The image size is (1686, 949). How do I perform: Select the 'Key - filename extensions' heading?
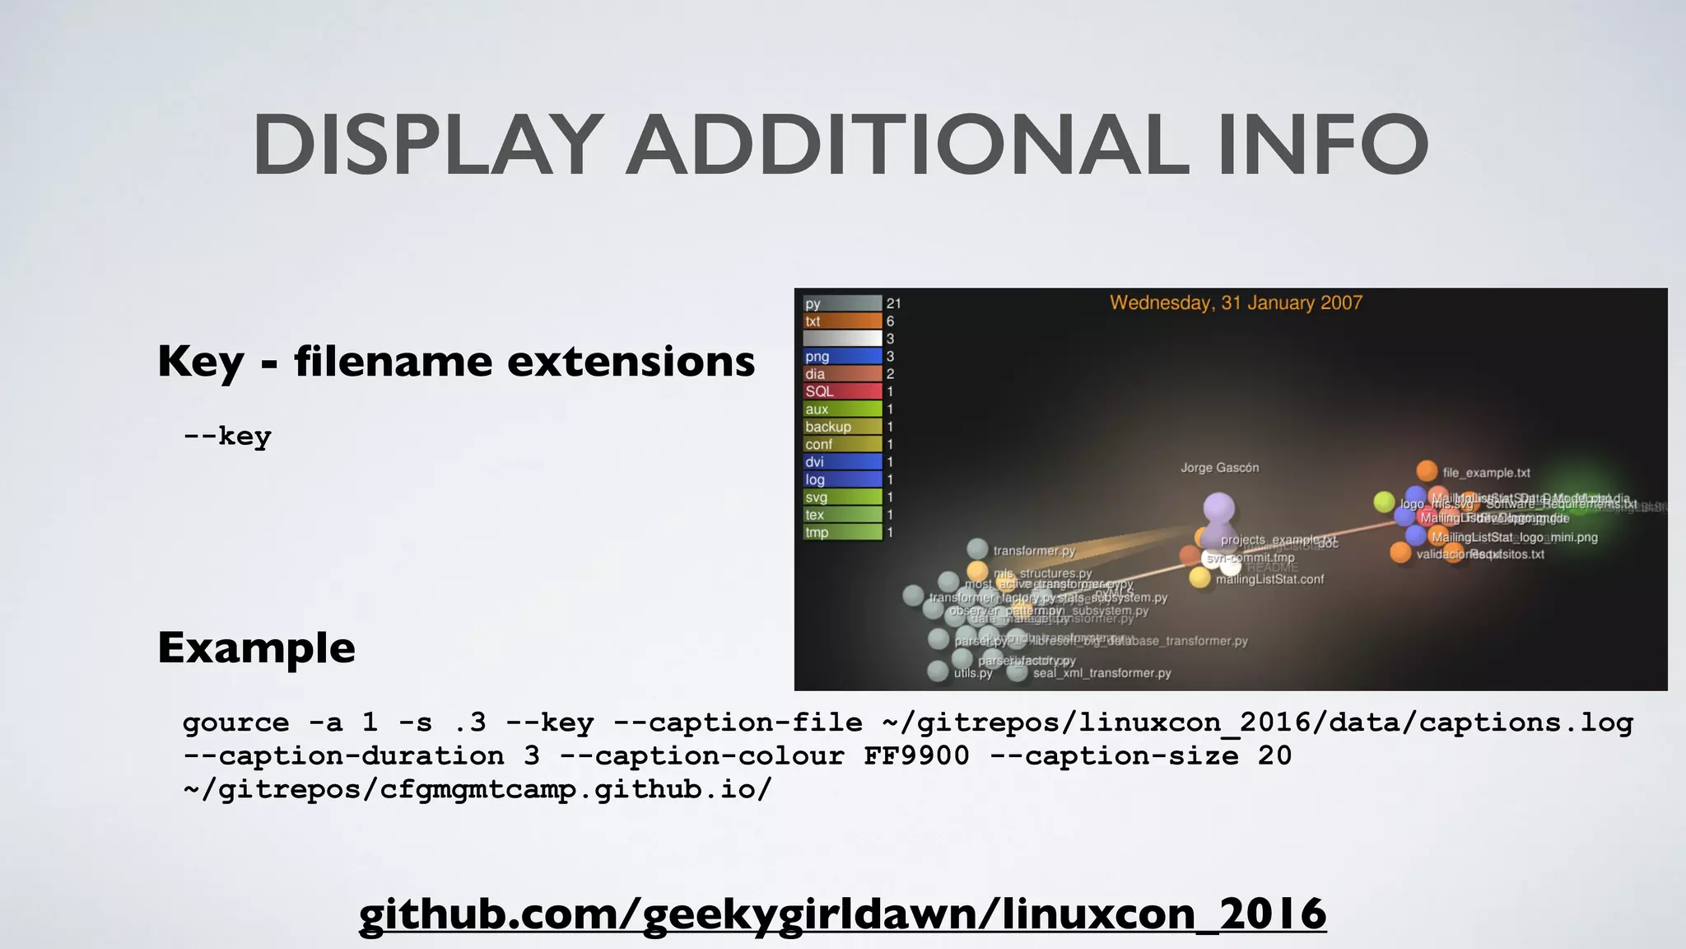[x=456, y=361]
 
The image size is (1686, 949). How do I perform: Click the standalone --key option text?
[x=227, y=436]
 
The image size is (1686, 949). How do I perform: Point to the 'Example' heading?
[x=256, y=647]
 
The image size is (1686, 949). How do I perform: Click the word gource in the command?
[x=236, y=722]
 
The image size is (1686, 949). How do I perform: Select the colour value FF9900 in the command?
[x=916, y=755]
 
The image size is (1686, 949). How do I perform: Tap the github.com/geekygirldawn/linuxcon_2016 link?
[x=842, y=913]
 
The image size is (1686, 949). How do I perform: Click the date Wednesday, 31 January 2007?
[x=1236, y=302]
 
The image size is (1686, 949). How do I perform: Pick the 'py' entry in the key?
[x=841, y=304]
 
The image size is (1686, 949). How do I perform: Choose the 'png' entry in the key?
[x=841, y=357]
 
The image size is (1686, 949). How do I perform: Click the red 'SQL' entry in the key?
[x=841, y=391]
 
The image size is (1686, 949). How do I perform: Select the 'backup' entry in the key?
[x=841, y=427]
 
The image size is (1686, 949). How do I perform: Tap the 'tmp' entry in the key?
[x=841, y=532]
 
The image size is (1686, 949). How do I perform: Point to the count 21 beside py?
[x=893, y=304]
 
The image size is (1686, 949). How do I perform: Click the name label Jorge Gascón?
[x=1219, y=468]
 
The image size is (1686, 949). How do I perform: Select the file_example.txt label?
[x=1486, y=473]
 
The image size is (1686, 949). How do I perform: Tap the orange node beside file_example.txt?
[x=1427, y=470]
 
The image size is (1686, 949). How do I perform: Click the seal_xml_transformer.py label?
[x=1101, y=673]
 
